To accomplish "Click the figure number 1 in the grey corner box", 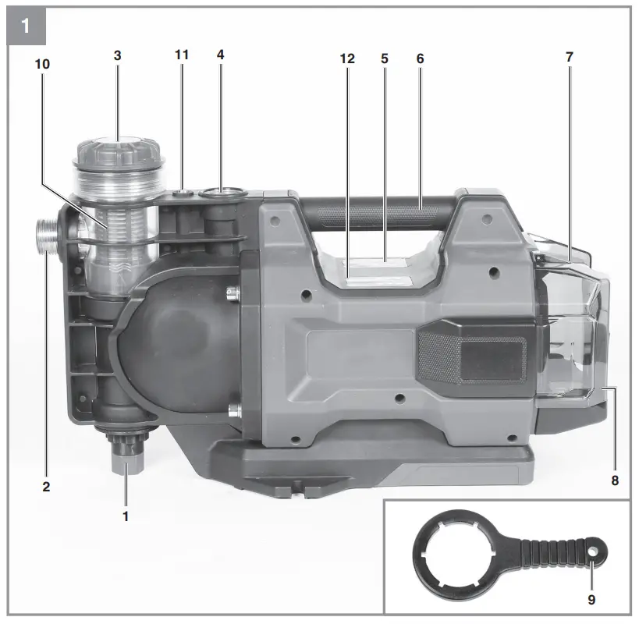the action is pyautogui.click(x=25, y=26).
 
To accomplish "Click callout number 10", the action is pyautogui.click(x=42, y=64).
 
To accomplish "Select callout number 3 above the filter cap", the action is pyautogui.click(x=117, y=55).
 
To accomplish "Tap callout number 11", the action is pyautogui.click(x=182, y=55).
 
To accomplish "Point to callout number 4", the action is pyautogui.click(x=221, y=55).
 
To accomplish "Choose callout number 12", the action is pyautogui.click(x=347, y=58).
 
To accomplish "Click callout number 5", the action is pyautogui.click(x=385, y=58).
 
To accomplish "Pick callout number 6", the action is pyautogui.click(x=421, y=58).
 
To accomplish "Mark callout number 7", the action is pyautogui.click(x=570, y=57).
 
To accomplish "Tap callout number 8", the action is pyautogui.click(x=615, y=480).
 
